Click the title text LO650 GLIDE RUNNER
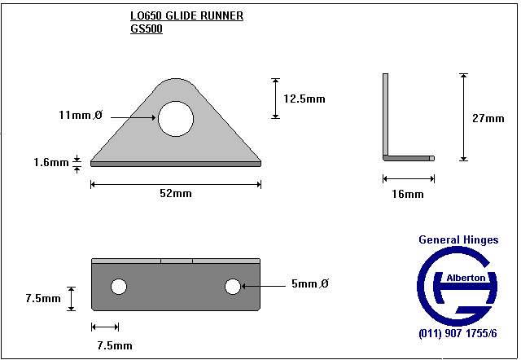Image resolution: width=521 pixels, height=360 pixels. pos(186,15)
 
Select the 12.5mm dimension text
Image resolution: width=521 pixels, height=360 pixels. pos(304,99)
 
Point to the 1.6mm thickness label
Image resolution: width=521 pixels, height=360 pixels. pos(51,163)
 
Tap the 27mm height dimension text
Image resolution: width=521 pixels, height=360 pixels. pos(488,118)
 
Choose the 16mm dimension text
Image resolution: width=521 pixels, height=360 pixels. pos(408,194)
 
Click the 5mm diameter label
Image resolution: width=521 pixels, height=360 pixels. pos(310,284)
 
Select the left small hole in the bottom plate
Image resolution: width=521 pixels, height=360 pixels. pos(119,286)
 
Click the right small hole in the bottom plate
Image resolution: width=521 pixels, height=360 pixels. pos(233,286)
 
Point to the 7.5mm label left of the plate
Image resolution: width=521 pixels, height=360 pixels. pos(43,298)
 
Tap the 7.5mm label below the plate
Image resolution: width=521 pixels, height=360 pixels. pos(115,345)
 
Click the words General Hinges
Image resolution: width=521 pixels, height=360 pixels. pos(458,240)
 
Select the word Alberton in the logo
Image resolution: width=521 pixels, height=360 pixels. pos(467,278)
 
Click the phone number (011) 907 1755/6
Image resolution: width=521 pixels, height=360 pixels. pos(457,334)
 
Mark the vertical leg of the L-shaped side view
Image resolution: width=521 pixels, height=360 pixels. pos(387,114)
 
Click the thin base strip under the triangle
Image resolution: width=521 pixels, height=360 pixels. pos(176,163)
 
